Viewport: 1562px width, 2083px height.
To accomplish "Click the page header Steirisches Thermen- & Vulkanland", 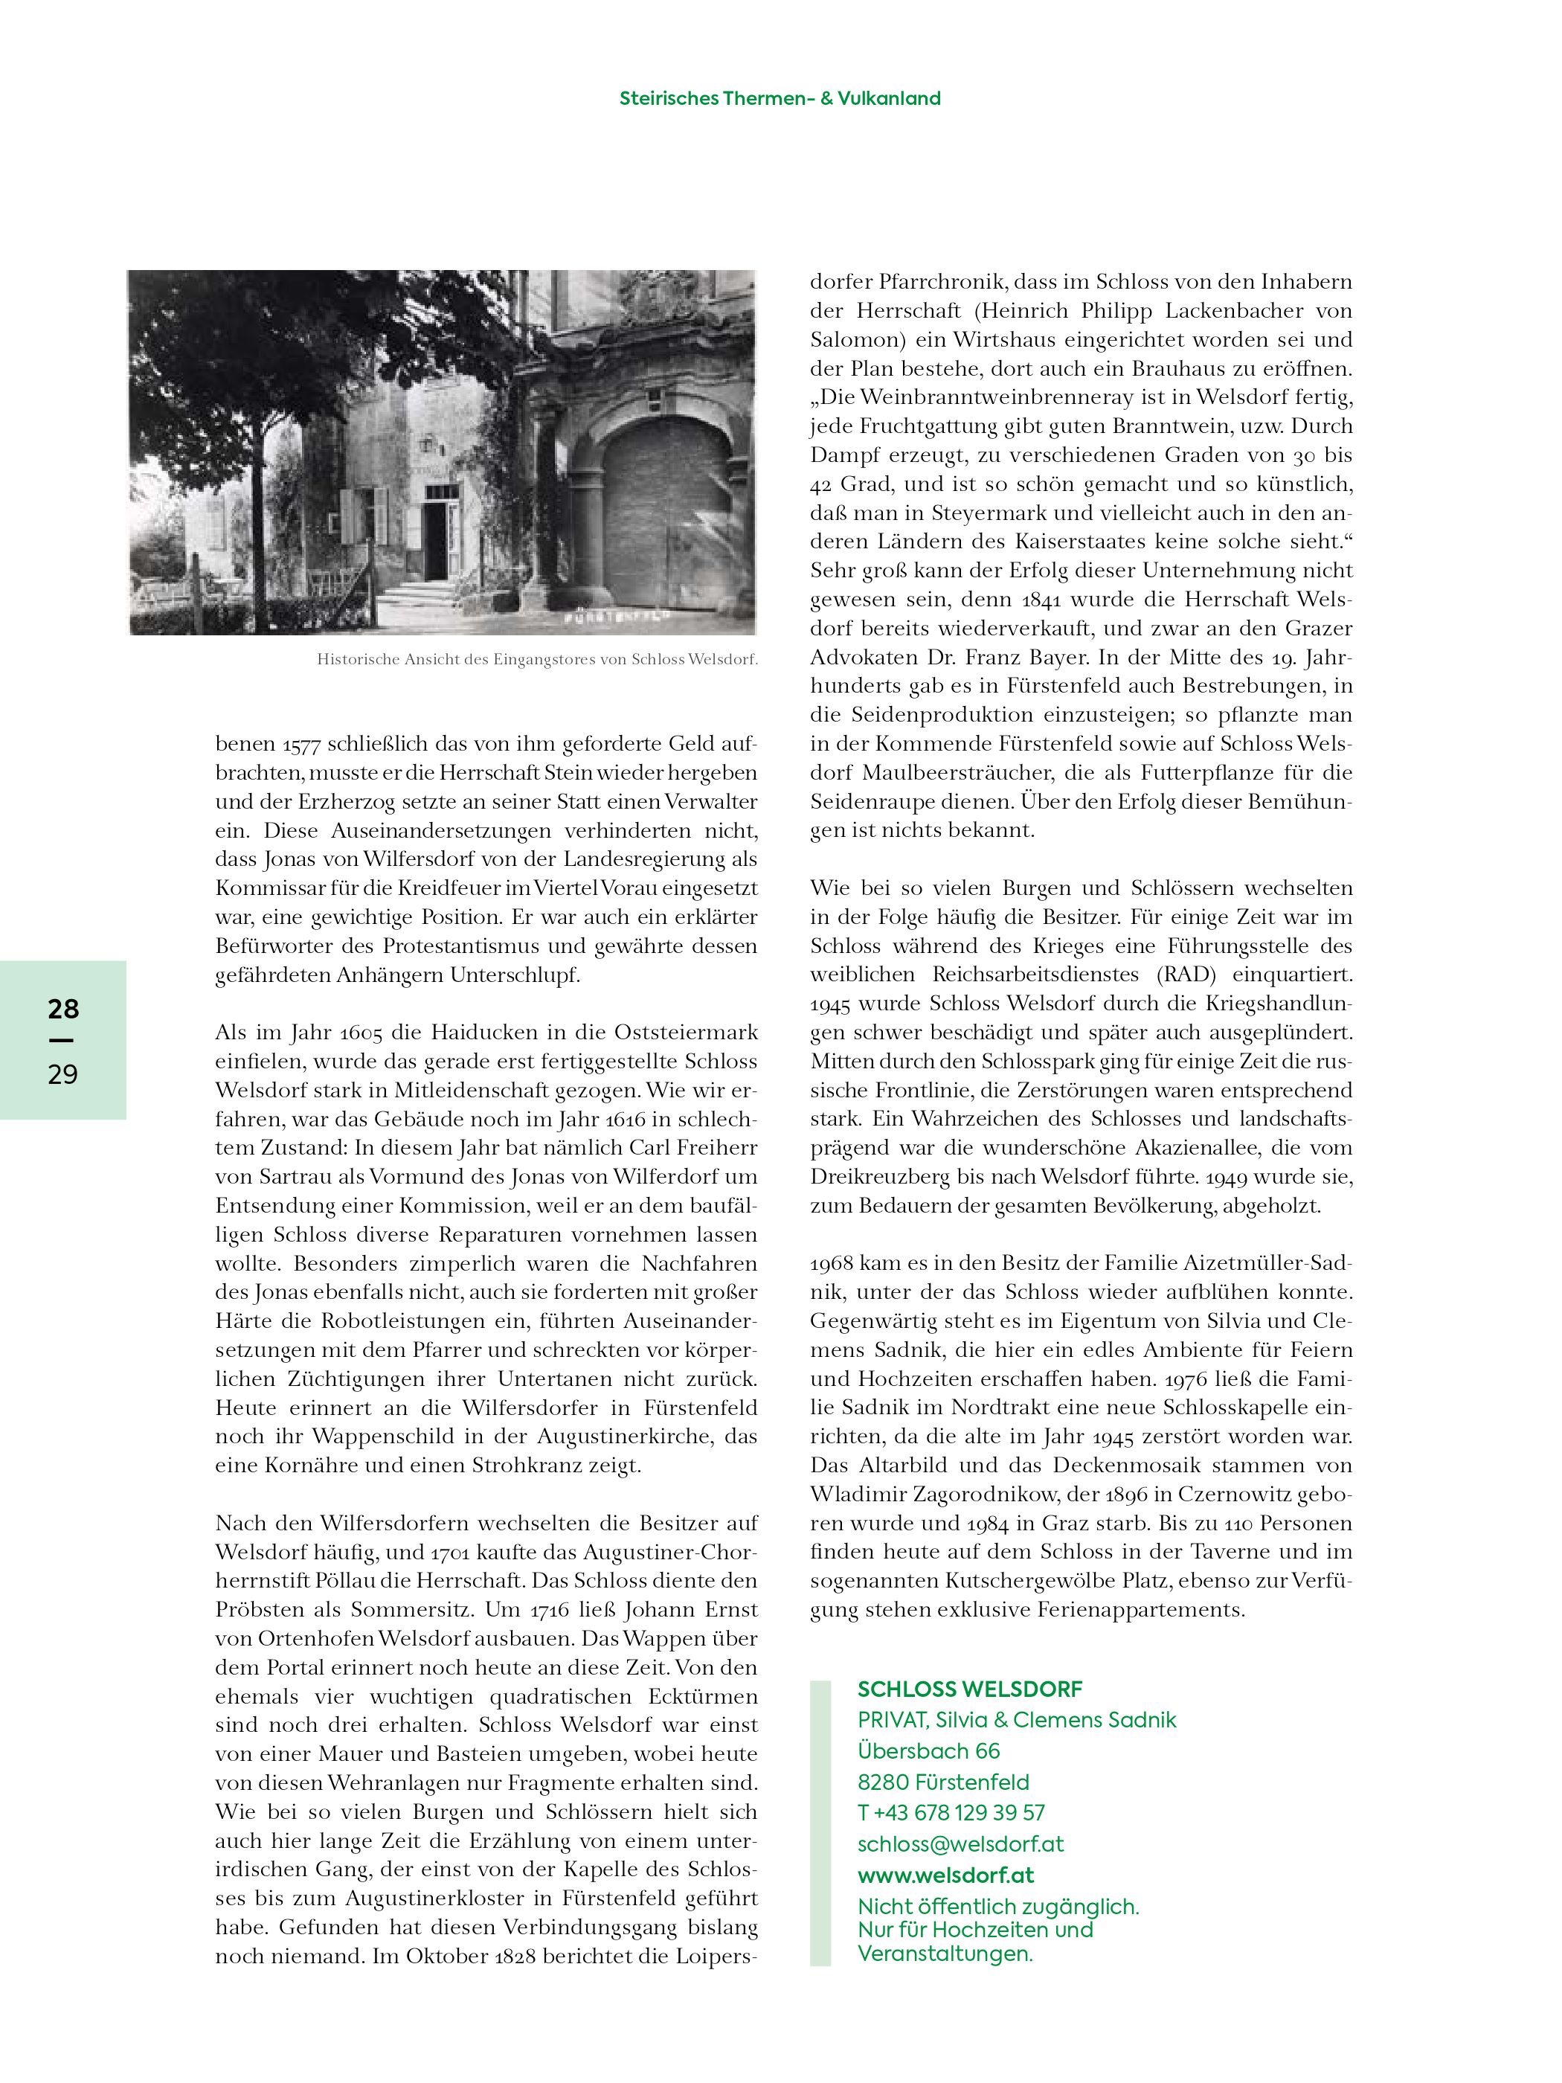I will pyautogui.click(x=780, y=99).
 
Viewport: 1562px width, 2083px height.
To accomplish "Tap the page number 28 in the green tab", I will pyautogui.click(x=63, y=1010).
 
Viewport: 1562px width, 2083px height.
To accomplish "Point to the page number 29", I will pyautogui.click(x=63, y=1074).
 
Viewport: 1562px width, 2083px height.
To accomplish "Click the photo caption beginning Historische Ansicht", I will pyautogui.click(x=537, y=660).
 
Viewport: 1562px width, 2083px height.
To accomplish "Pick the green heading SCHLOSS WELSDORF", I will pyautogui.click(x=970, y=1689).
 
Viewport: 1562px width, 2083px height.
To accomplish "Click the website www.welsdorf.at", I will pyautogui.click(x=945, y=1875).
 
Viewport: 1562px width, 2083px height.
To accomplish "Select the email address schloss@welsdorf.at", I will pyautogui.click(x=960, y=1843).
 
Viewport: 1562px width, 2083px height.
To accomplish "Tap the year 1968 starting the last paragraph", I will pyautogui.click(x=830, y=1264).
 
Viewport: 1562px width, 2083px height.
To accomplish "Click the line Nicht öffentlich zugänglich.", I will pyautogui.click(x=998, y=1907).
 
